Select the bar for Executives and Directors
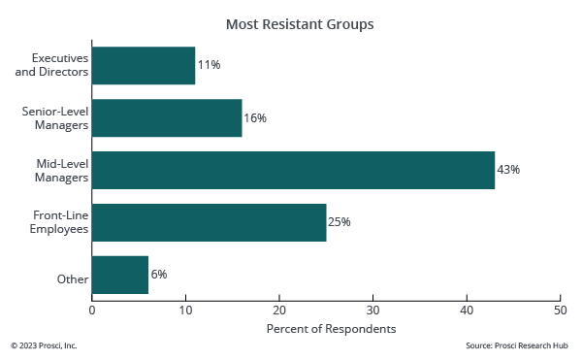point(144,65)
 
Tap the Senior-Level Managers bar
point(167,117)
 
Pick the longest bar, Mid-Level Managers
point(293,170)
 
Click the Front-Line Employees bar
point(209,222)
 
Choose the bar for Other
point(120,275)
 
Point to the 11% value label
point(209,65)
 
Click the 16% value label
point(255,117)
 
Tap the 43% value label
point(508,170)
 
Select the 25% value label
point(339,222)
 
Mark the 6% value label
point(158,275)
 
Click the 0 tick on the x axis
point(92,311)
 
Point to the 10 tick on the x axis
point(186,311)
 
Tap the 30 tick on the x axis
point(373,311)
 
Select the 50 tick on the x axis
point(560,311)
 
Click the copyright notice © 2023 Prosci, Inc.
point(44,345)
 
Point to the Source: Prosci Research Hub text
point(517,345)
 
